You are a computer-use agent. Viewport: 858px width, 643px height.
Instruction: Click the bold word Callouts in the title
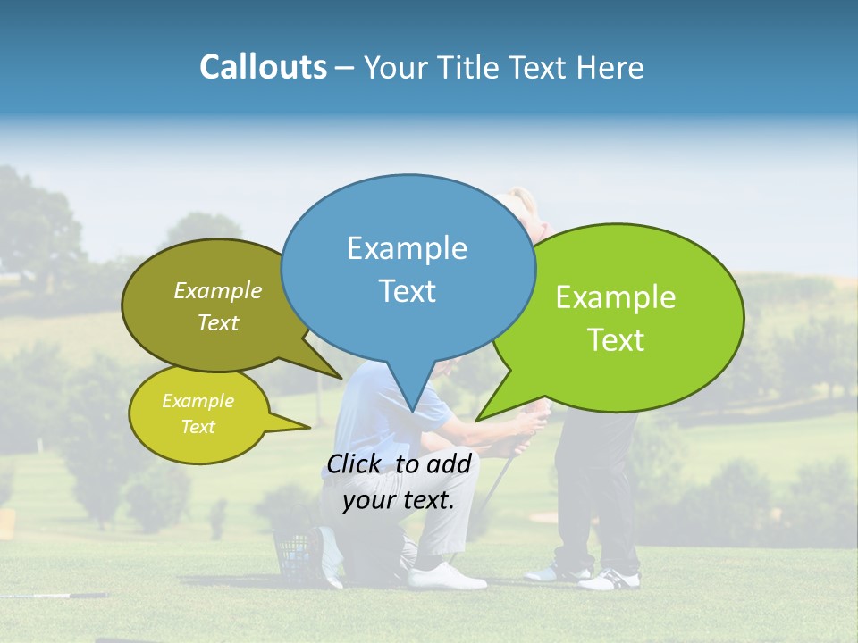click(x=263, y=67)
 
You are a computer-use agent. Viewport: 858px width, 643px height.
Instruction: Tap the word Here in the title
click(x=611, y=67)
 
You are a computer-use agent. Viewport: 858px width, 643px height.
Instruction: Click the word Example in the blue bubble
click(x=407, y=248)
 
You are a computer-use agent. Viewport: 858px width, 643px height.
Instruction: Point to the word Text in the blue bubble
click(x=407, y=291)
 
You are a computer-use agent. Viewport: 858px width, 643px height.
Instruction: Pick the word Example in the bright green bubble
click(x=616, y=297)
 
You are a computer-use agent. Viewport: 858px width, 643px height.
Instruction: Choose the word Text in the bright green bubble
click(x=616, y=340)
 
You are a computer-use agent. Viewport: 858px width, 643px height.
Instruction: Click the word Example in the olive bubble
click(x=218, y=291)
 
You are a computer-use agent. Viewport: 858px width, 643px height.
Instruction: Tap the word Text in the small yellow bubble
click(x=198, y=427)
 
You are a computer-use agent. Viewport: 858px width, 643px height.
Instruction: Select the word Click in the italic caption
click(x=356, y=463)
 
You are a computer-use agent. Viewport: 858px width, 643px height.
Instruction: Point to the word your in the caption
click(x=367, y=500)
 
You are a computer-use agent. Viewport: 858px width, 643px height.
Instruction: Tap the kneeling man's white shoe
click(x=447, y=575)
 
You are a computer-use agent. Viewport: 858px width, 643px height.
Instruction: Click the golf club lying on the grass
click(x=54, y=595)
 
